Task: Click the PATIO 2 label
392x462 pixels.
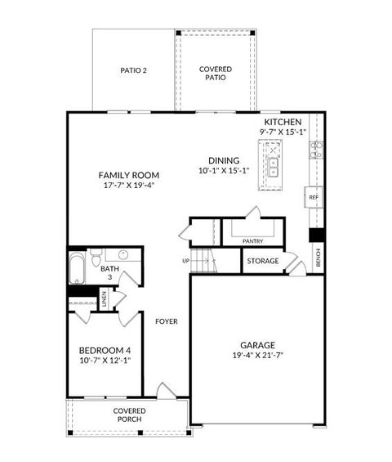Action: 133,70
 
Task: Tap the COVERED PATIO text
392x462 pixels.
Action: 215,74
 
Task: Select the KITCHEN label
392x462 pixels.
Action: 283,121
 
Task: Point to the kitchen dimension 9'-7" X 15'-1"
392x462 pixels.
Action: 283,132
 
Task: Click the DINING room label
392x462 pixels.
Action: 223,160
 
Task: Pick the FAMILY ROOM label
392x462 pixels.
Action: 128,175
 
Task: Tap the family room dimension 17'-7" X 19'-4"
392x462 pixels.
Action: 128,186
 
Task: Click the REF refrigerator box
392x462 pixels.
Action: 313,198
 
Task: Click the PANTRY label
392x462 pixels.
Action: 252,240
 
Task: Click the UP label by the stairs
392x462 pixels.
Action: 185,261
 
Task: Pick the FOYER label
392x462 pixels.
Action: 167,321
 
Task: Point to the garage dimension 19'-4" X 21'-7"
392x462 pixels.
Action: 257,356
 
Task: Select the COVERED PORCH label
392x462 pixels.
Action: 129,415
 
